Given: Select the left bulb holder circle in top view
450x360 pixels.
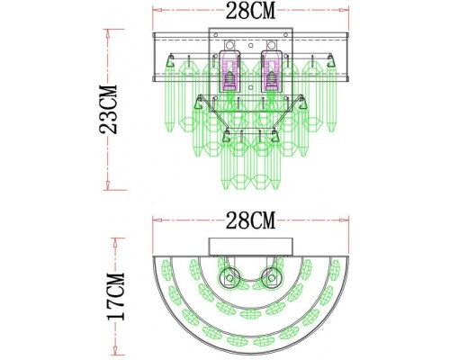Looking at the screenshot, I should pos(229,277).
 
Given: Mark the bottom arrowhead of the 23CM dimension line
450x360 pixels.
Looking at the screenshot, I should pos(111,190).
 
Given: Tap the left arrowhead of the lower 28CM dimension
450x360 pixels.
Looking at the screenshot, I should pos(156,222).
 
